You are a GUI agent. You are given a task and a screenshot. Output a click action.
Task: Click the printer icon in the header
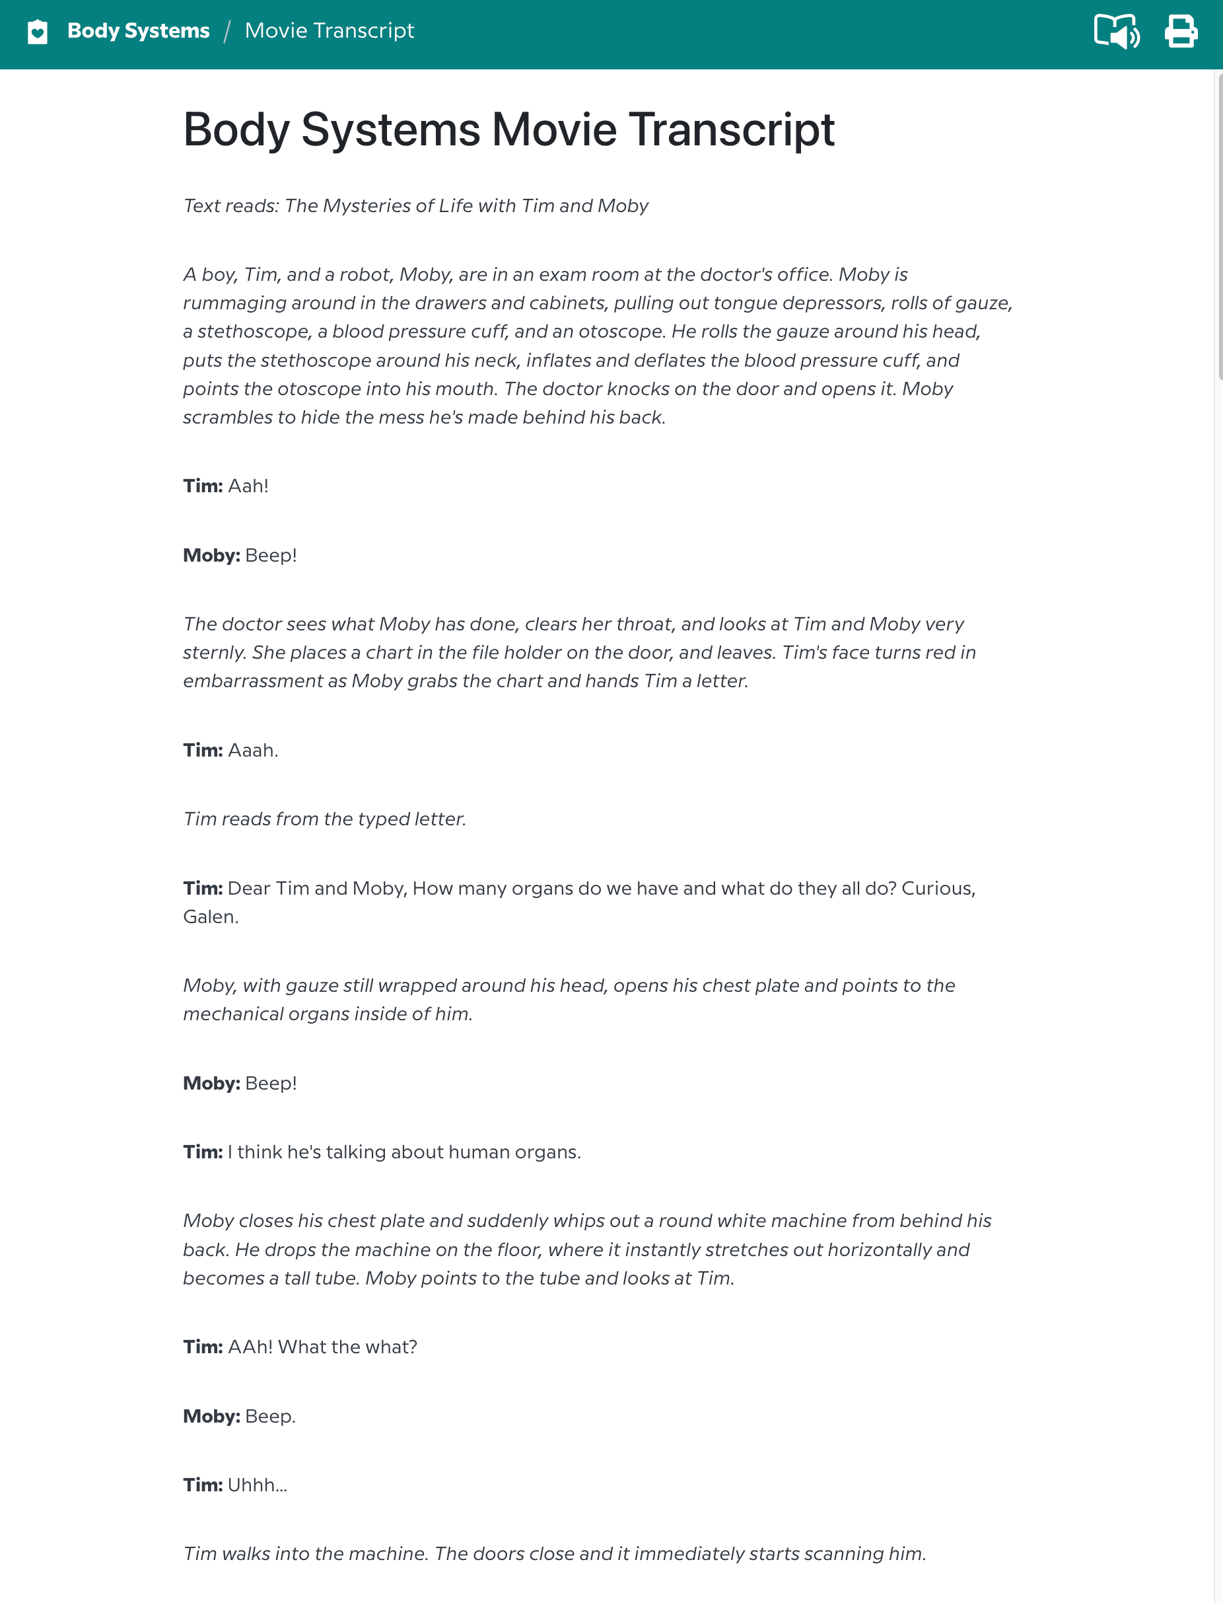pos(1180,31)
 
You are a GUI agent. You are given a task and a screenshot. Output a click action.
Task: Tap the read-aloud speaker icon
pos(1116,31)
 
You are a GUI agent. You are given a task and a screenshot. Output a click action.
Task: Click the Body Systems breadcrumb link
pos(138,30)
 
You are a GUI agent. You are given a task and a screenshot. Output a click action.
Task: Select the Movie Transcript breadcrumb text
pos(329,30)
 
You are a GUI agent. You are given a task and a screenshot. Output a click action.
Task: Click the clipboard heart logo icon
pos(38,31)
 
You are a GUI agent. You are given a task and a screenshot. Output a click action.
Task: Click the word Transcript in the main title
pos(731,130)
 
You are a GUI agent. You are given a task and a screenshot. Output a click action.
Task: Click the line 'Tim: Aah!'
pos(226,486)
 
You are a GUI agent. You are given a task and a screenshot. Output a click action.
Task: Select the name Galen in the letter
pos(209,917)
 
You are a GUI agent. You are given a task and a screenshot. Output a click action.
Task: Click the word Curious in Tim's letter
pos(937,889)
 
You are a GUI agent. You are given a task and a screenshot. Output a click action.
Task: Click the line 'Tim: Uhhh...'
pos(235,1485)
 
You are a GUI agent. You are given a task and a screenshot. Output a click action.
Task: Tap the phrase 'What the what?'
pos(347,1347)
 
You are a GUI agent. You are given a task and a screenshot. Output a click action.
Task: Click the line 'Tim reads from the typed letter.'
pos(325,819)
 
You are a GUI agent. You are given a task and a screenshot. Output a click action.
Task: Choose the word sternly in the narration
pos(214,653)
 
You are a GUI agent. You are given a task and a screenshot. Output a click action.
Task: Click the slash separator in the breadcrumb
pos(227,31)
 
